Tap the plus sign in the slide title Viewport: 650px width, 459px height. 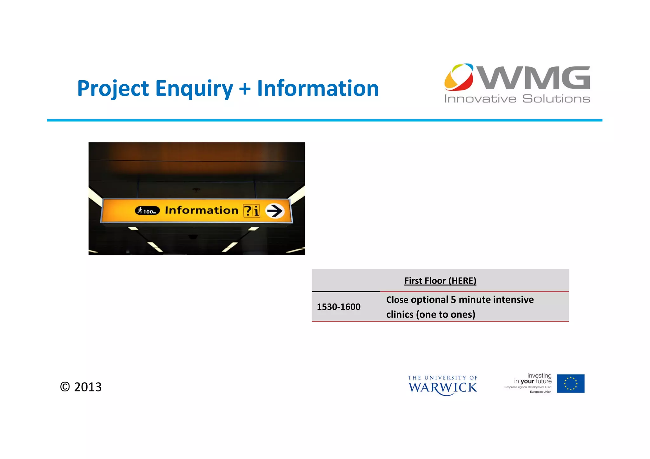click(245, 89)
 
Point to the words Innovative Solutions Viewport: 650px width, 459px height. click(517, 99)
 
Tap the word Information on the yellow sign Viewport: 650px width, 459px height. click(201, 210)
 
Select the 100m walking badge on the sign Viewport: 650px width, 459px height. click(147, 211)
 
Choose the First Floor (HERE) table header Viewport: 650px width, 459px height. click(440, 281)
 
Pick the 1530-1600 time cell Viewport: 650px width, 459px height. click(338, 307)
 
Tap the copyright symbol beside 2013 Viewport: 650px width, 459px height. click(65, 387)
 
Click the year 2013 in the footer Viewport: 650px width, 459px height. click(88, 387)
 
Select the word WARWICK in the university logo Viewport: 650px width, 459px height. click(442, 388)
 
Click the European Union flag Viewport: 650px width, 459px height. click(570, 384)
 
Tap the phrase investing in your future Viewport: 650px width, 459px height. click(533, 378)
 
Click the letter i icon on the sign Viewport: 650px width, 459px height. click(256, 211)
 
